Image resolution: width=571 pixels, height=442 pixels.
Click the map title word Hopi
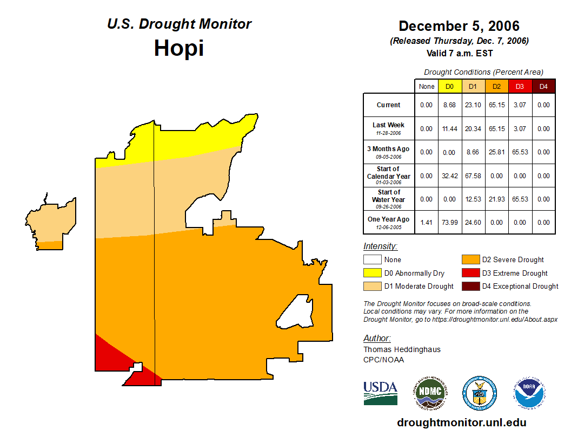[x=178, y=48]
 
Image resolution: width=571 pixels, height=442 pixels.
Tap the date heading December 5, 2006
[x=459, y=26]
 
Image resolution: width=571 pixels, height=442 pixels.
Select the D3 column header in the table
[x=520, y=86]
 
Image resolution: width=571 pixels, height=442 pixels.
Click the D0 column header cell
[x=449, y=86]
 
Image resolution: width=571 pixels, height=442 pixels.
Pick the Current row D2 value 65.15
[x=496, y=105]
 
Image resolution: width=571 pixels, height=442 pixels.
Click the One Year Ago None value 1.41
[x=427, y=222]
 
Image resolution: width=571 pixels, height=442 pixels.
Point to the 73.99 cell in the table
[x=449, y=222]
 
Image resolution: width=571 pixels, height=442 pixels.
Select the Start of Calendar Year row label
[x=389, y=176]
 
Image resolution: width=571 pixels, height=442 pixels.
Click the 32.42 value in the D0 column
[x=449, y=176]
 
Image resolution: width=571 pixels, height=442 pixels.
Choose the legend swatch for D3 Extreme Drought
[x=469, y=273]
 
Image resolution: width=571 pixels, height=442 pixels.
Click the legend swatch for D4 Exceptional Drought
[x=469, y=286]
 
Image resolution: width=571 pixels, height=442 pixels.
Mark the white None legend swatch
[x=372, y=260]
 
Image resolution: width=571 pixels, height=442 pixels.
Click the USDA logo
[x=380, y=393]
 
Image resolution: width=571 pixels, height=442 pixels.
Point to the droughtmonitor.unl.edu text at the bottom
[x=461, y=422]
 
